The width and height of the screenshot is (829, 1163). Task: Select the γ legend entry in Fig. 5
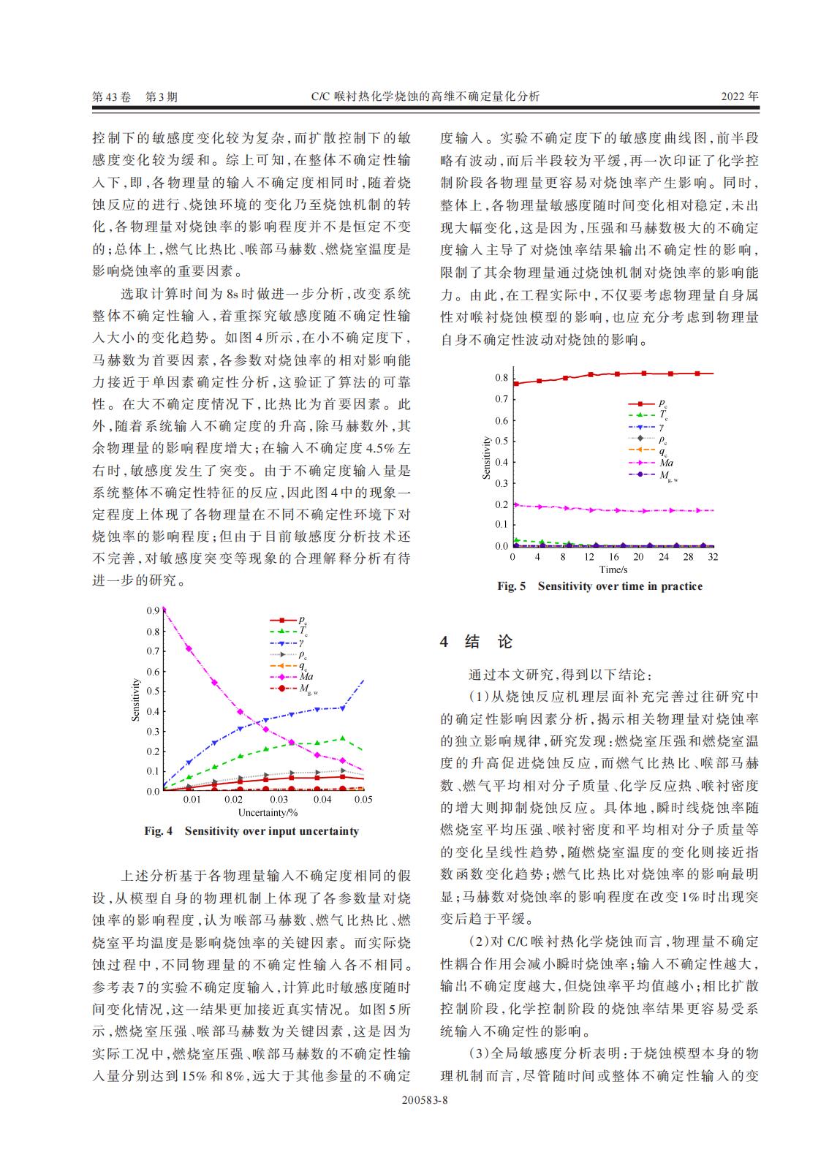point(662,427)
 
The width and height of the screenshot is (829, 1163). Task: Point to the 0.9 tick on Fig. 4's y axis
point(153,610)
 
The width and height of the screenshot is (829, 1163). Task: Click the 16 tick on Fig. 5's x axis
point(613,556)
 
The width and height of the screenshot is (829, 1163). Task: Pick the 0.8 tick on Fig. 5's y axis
point(501,378)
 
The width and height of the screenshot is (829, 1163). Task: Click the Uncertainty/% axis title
point(268,812)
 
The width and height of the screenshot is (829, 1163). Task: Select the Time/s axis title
point(613,569)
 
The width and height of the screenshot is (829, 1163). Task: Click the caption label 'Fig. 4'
point(159,831)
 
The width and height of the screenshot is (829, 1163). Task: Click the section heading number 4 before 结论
point(444,643)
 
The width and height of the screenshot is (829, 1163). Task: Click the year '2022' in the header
point(733,96)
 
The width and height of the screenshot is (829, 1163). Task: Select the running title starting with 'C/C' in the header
point(425,96)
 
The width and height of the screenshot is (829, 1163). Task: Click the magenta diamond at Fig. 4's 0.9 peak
point(163,609)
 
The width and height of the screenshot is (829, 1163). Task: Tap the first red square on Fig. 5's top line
point(516,383)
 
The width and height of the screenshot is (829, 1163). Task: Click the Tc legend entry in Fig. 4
point(303,632)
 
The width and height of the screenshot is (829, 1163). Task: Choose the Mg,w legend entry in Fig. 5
point(667,475)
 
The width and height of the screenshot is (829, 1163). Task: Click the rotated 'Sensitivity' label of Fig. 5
point(487,458)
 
